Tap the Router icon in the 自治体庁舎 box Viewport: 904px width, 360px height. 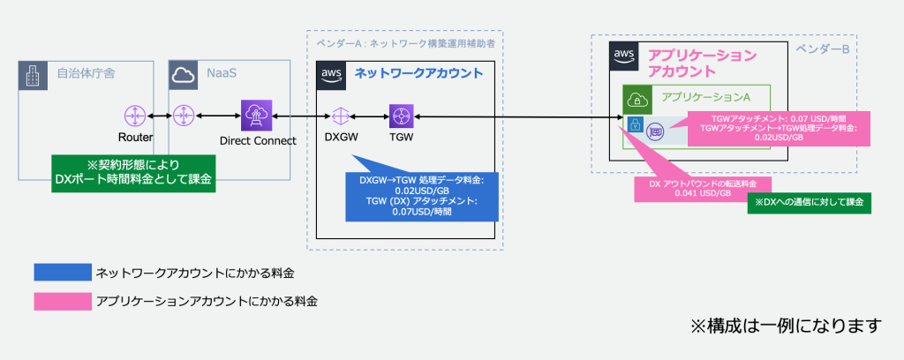[135, 116]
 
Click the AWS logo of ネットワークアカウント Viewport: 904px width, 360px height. [331, 75]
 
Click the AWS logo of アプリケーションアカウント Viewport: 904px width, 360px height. [625, 56]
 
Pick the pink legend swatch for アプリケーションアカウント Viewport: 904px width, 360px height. [62, 302]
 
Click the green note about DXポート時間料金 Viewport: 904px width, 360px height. [132, 173]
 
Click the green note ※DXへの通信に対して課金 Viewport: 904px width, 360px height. [809, 202]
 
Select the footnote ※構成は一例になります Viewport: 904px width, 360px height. [786, 326]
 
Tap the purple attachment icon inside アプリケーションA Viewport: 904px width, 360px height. [656, 130]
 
